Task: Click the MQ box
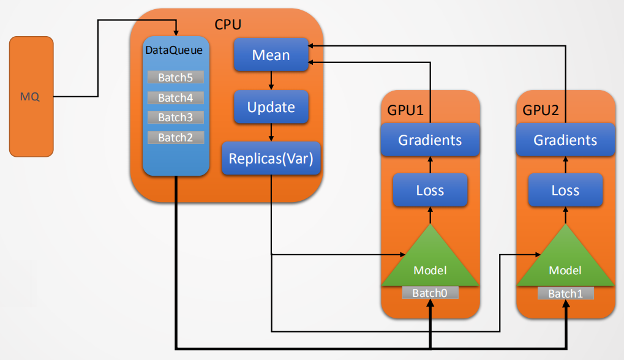tap(31, 96)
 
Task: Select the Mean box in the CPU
tap(271, 55)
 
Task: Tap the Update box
tap(271, 107)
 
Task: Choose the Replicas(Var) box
tap(271, 159)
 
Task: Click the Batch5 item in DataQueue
tap(175, 78)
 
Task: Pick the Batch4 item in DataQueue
tap(175, 97)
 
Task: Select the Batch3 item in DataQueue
tap(175, 118)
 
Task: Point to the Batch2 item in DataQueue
tap(175, 138)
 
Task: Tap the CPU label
tap(228, 25)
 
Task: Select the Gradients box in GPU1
tap(430, 140)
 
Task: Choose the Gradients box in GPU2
tap(565, 140)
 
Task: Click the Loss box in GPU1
tap(430, 190)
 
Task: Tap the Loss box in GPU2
tap(565, 190)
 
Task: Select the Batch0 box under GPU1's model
tap(430, 293)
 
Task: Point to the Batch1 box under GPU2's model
tap(565, 293)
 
